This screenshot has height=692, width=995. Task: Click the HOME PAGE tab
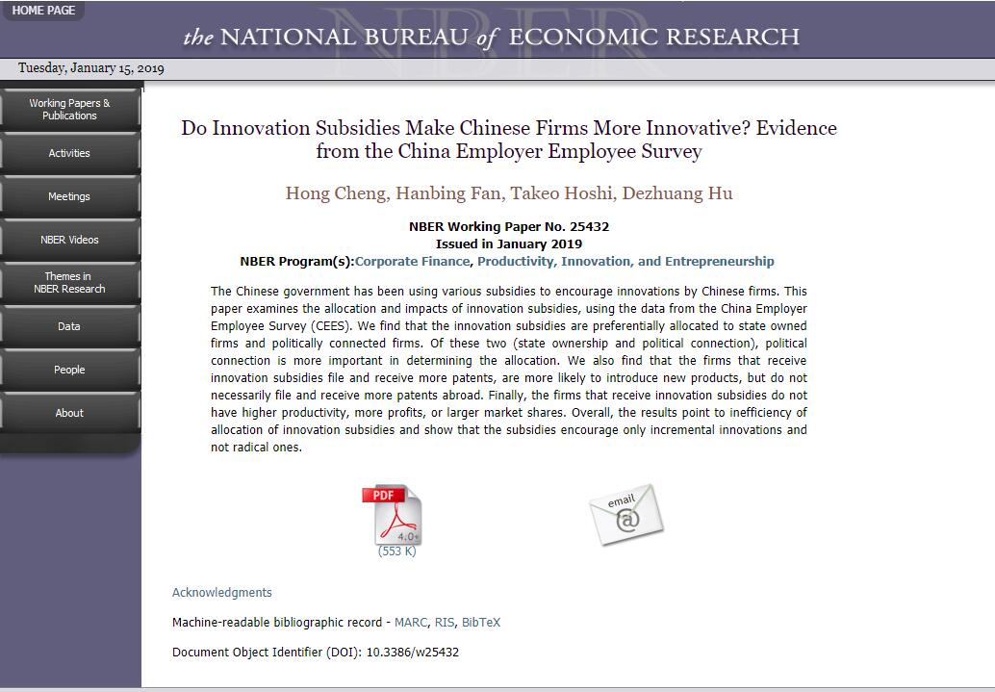coord(42,10)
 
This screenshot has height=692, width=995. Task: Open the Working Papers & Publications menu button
coord(69,110)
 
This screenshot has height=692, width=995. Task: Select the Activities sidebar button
coord(69,153)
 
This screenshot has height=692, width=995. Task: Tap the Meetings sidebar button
coord(69,196)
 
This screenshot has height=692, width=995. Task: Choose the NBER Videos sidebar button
coord(69,240)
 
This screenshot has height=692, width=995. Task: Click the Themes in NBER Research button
coord(69,283)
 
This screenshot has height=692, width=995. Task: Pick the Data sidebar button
coord(69,326)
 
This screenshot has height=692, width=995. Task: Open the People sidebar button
coord(69,370)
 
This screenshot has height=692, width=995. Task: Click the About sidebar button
coord(69,413)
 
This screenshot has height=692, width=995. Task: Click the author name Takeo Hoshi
coord(561,193)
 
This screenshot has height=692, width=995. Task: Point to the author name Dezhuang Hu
coord(677,193)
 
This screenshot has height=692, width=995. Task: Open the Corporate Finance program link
coord(412,262)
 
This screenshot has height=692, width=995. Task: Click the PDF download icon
coord(393,516)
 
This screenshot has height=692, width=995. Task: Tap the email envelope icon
coord(626,514)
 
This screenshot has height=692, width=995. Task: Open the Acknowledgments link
coord(222,593)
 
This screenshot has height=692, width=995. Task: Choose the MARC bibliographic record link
coord(411,623)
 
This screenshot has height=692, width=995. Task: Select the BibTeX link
coord(481,623)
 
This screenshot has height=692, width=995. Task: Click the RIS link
coord(445,623)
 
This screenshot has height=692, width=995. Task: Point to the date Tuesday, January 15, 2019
coord(91,68)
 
